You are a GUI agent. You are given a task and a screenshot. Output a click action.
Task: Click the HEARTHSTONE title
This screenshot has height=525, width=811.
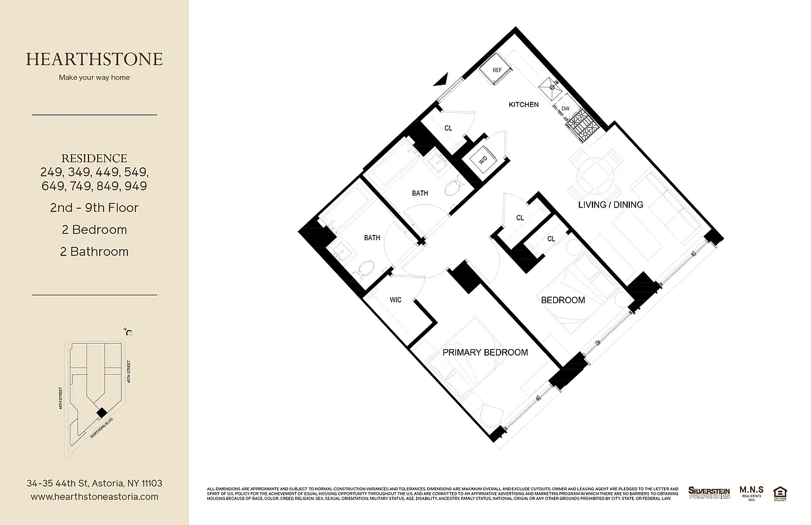pos(94,59)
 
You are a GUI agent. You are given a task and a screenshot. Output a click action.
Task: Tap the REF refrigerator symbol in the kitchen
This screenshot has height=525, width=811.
pos(497,71)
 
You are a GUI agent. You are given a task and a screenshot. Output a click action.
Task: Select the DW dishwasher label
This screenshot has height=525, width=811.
pos(565,109)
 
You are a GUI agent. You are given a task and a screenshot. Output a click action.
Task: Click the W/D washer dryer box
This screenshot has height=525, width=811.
pos(483,159)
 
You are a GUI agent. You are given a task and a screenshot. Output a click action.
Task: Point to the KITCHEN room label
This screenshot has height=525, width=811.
pos(524,105)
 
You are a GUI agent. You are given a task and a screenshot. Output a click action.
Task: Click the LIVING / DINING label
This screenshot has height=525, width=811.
pos(610,205)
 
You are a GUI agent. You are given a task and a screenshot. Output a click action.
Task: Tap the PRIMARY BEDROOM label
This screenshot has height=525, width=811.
pos(485,352)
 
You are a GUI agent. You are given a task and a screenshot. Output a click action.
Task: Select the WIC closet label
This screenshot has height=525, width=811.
pos(396,300)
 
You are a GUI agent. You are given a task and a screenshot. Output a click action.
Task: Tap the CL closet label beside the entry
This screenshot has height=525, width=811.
pos(448,129)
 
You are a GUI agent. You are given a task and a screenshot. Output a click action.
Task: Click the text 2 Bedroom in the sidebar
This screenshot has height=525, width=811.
pos(94,230)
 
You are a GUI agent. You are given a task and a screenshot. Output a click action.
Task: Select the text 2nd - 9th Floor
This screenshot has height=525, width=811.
pos(94,208)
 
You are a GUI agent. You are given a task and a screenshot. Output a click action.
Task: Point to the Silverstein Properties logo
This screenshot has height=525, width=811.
pos(709,492)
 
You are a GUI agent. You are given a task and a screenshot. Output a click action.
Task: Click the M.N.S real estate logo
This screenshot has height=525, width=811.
pos(751,492)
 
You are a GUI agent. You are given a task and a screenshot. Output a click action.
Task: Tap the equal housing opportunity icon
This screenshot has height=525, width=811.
pos(781,492)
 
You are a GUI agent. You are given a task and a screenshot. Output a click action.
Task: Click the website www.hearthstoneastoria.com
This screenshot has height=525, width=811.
pos(94,497)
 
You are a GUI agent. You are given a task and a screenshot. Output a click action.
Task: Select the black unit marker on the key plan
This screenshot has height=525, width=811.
pos(100,412)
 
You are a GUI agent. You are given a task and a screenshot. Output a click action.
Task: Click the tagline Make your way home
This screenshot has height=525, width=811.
pos(94,77)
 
